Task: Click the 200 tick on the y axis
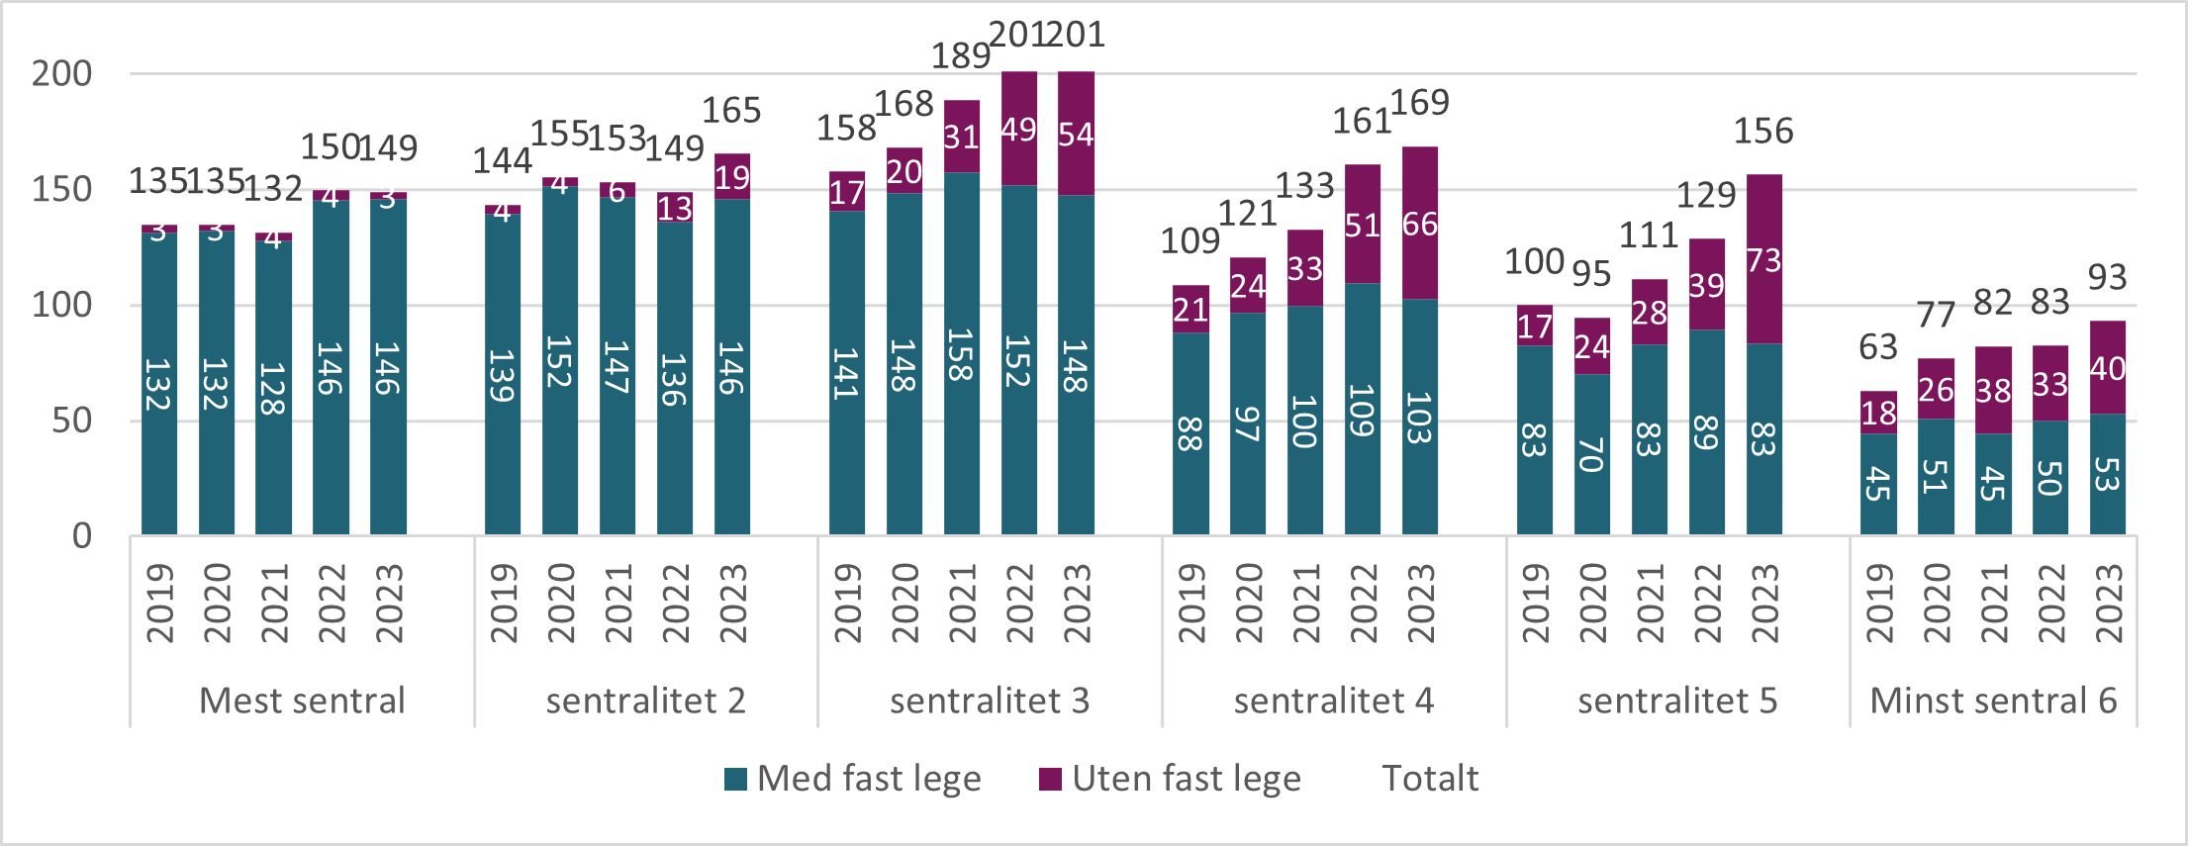61,73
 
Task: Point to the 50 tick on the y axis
71,421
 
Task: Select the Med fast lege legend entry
853,779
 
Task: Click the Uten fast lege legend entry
1171,779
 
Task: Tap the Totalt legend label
1429,779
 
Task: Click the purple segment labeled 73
1763,260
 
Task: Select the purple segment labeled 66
1419,224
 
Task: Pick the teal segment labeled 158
961,354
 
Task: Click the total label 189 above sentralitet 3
960,55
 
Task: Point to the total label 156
1762,131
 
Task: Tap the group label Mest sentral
302,701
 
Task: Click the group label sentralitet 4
1333,701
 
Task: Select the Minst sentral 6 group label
1992,701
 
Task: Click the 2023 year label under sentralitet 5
1763,604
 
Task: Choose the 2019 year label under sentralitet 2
503,604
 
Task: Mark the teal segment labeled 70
1591,455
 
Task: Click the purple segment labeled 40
2107,368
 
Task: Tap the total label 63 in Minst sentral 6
1877,347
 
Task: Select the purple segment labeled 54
1076,134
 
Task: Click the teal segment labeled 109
1362,410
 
